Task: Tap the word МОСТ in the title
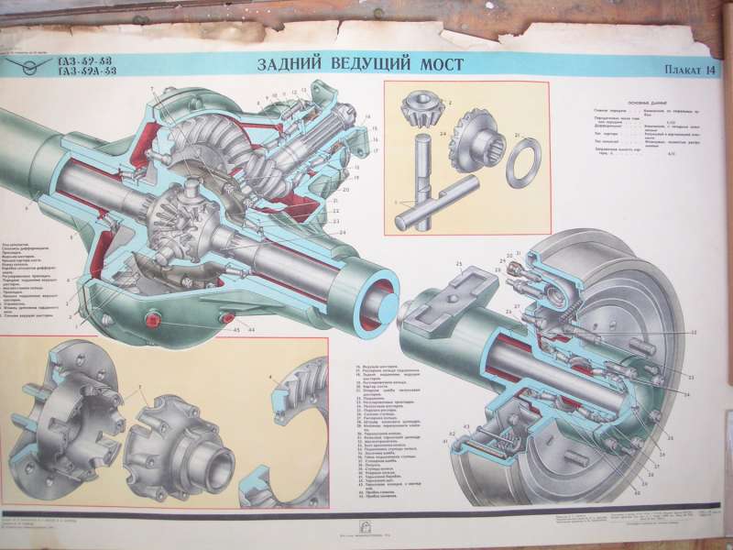click(x=436, y=64)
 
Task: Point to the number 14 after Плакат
click(x=711, y=70)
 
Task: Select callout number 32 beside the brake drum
click(x=693, y=333)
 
